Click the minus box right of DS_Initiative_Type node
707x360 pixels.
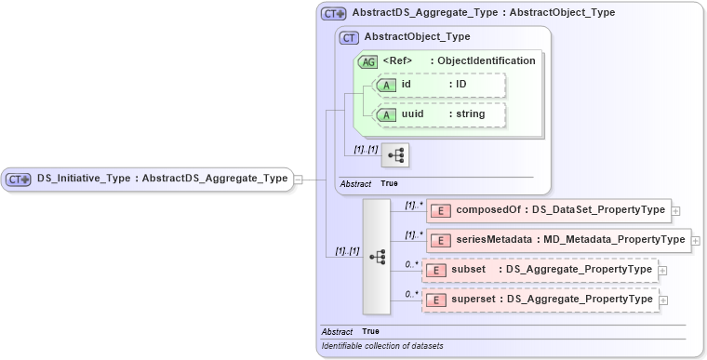pos(299,179)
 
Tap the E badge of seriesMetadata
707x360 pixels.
pos(444,241)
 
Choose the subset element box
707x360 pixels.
pos(539,271)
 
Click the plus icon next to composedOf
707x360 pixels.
pos(676,211)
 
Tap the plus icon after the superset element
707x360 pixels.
pos(663,300)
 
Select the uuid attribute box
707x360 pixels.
pos(438,114)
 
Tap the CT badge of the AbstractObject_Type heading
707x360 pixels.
pos(350,37)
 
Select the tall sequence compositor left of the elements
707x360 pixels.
pos(377,256)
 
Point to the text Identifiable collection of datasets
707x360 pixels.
pos(382,346)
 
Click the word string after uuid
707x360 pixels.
pos(464,114)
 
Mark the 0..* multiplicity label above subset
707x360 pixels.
pos(410,264)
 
